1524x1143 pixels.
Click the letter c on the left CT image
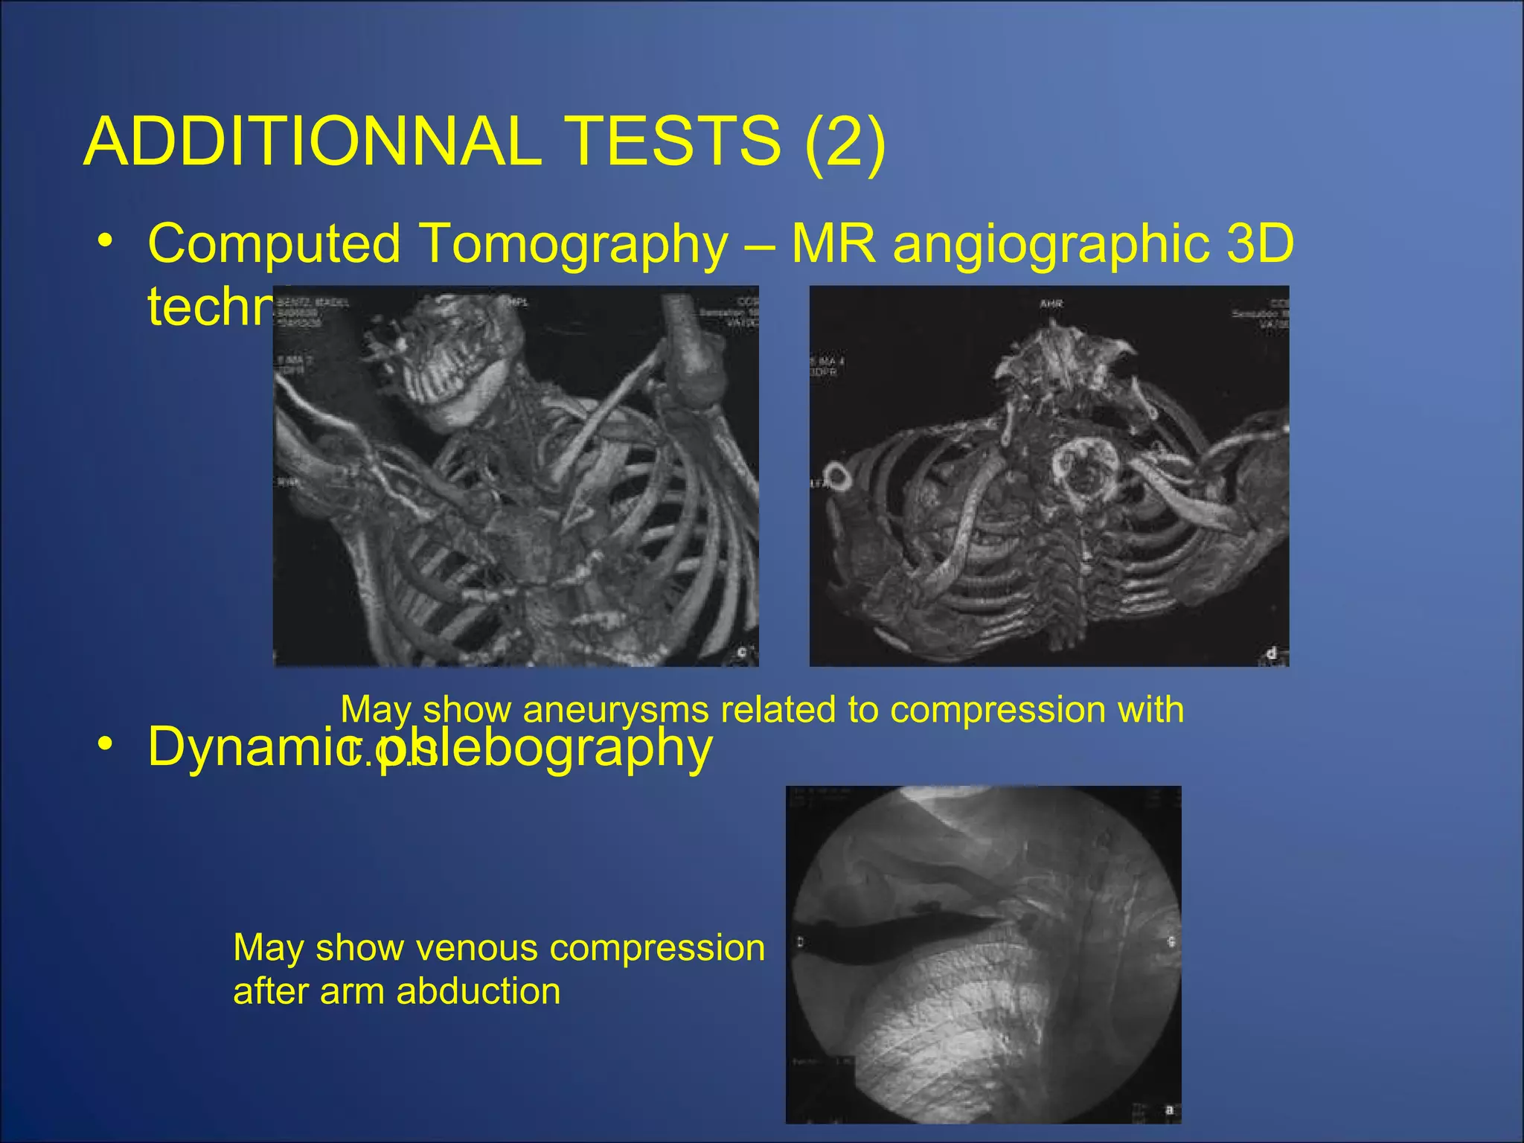click(741, 653)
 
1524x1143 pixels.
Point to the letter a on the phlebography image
click(1169, 1110)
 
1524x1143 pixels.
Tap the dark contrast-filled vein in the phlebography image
click(893, 931)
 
